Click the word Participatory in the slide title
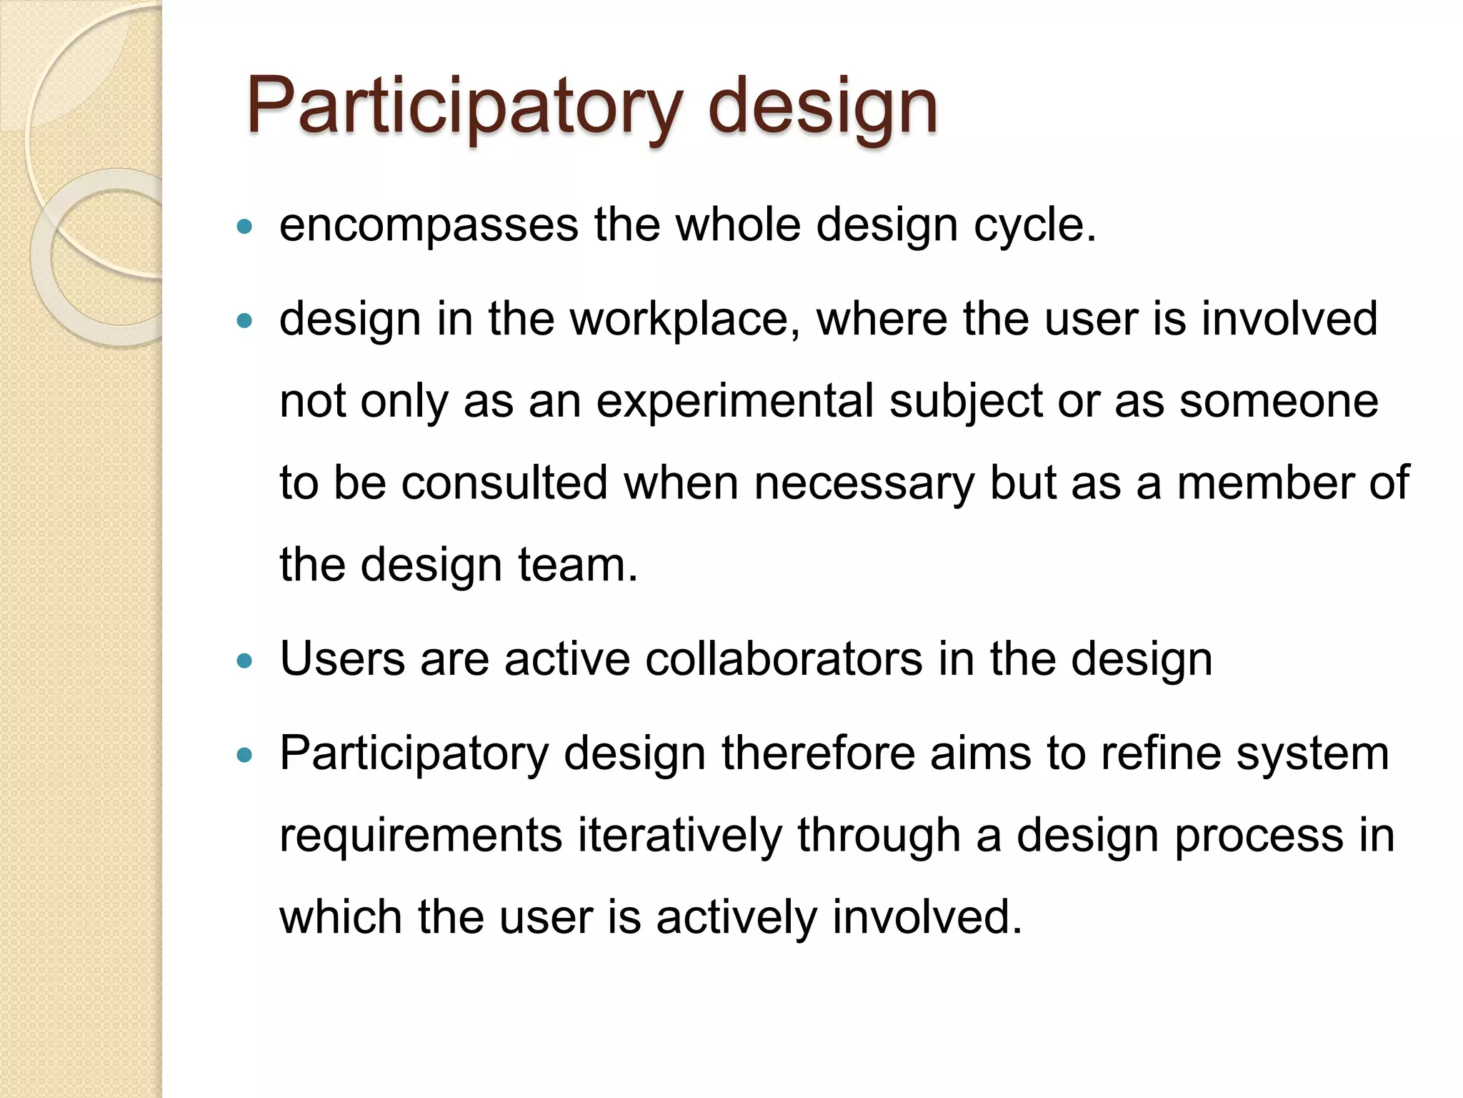click(x=464, y=107)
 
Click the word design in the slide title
click(x=822, y=107)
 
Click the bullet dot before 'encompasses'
click(x=245, y=227)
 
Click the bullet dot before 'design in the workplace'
click(x=245, y=322)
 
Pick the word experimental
click(x=735, y=402)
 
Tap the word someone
click(x=1279, y=402)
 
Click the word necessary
click(x=864, y=483)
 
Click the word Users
click(x=343, y=659)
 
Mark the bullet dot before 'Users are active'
click(x=245, y=661)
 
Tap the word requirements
click(x=421, y=835)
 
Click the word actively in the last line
click(x=737, y=917)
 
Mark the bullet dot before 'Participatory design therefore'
click(x=245, y=756)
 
